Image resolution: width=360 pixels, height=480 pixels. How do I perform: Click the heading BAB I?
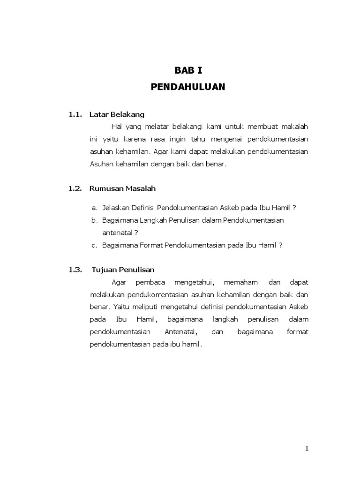pos(187,70)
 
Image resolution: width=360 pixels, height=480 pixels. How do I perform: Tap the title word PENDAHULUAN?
pos(187,87)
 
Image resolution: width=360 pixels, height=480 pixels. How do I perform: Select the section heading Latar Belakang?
pos(117,114)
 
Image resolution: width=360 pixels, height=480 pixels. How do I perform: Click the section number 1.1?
pos(75,114)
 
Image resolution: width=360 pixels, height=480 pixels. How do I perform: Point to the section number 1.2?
pos(75,188)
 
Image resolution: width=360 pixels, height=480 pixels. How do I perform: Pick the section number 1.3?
pos(75,270)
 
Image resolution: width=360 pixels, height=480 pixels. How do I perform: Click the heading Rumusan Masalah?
pos(122,188)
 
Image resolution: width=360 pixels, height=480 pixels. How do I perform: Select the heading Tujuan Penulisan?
pos(123,270)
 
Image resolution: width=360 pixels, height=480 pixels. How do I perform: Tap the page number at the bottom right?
pos(307,449)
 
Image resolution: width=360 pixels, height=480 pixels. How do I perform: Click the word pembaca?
pos(149,282)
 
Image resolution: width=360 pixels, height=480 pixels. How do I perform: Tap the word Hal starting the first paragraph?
pos(116,127)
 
